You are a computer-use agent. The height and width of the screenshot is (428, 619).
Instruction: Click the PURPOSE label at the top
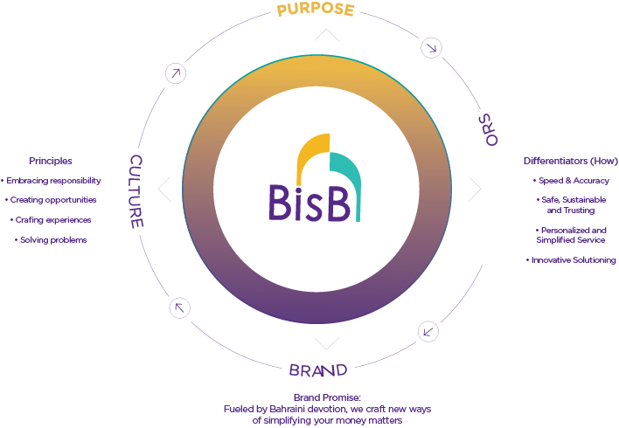point(315,10)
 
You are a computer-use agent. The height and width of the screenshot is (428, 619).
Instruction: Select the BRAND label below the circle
point(317,369)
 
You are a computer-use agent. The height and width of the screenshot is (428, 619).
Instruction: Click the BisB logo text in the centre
point(311,203)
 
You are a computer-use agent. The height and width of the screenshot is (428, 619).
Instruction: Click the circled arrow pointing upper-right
point(176,74)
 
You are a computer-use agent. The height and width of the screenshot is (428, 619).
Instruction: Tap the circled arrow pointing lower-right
point(431,47)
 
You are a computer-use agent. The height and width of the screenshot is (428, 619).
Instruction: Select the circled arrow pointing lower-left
point(428,331)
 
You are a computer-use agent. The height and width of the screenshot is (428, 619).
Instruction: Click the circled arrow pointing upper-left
point(178,307)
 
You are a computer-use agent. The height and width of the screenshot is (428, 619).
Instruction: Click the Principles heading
point(50,161)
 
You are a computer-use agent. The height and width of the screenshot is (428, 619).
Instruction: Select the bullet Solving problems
point(52,239)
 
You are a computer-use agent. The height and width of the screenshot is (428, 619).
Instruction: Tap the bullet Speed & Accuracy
point(572,181)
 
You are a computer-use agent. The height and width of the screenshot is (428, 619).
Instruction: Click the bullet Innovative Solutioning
point(572,260)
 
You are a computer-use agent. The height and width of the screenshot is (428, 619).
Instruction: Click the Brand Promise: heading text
point(327,397)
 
